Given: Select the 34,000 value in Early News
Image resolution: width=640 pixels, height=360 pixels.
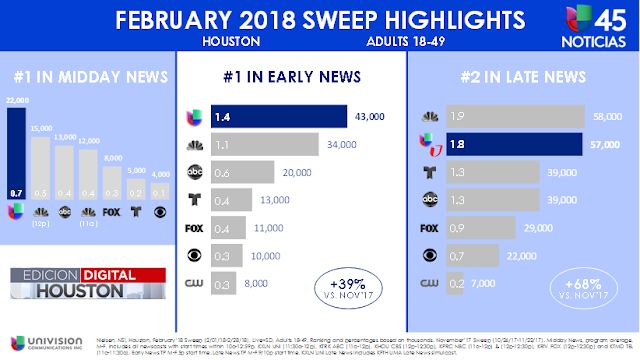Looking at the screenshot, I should click(x=340, y=145).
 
